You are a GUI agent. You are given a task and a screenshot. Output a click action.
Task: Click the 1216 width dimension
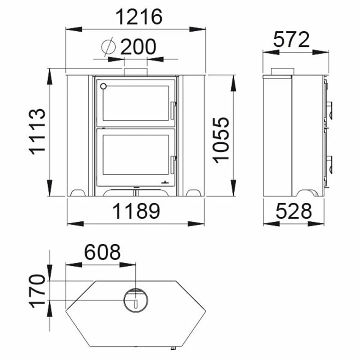pos(139,17)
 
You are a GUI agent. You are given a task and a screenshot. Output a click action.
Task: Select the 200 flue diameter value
pos(138,46)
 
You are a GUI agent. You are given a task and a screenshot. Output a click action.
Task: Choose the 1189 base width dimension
pos(136,211)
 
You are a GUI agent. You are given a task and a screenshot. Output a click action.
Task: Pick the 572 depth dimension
pos(291,40)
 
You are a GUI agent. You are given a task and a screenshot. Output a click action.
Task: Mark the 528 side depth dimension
pos(294,211)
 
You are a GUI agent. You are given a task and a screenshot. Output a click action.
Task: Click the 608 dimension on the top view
pos(102,252)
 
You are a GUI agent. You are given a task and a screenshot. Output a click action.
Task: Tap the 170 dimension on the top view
pos(37,291)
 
